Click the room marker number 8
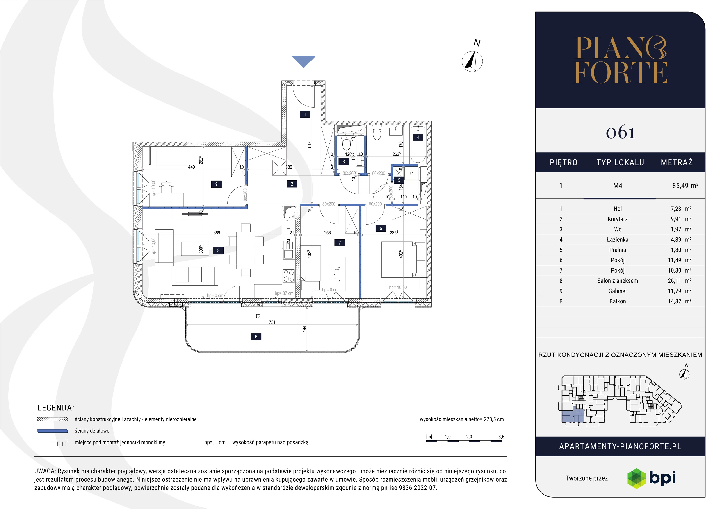tap(218, 250)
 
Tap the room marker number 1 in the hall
tap(305, 115)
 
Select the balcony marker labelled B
tap(256, 336)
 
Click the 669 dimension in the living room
tap(217, 233)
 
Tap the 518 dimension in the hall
tap(310, 145)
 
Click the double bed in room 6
tap(403, 259)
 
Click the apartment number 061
tap(620, 133)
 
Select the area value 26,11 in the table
tap(674, 281)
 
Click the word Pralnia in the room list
tap(617, 250)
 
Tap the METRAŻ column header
tap(676, 162)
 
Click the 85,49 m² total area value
tap(685, 186)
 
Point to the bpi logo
tap(651, 478)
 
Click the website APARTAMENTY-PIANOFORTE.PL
tap(620, 447)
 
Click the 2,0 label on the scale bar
tap(469, 437)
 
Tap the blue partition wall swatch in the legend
tap(52, 431)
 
